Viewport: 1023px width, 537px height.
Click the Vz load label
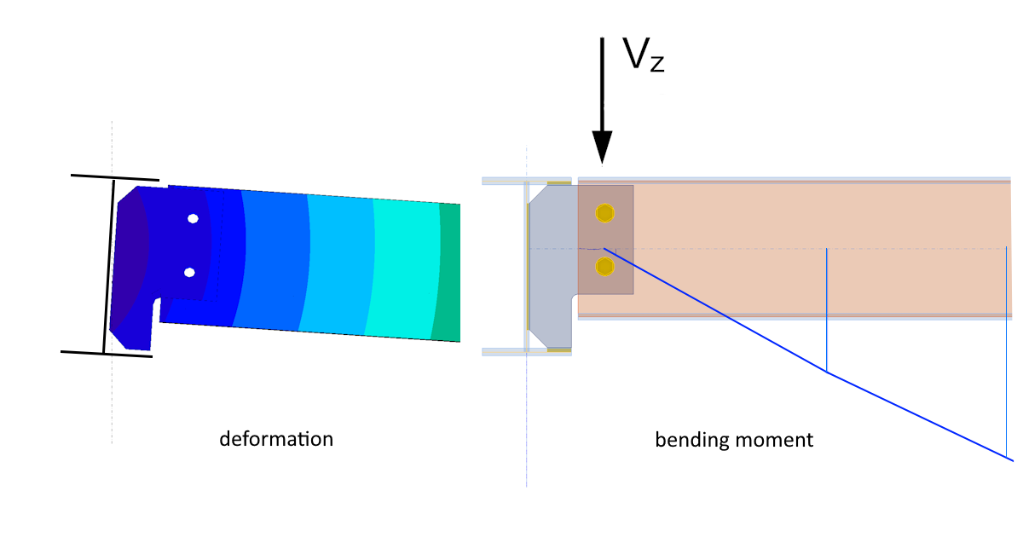click(x=643, y=56)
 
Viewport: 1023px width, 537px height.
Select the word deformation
click(x=276, y=439)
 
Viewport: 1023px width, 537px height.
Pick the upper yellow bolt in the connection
click(x=604, y=212)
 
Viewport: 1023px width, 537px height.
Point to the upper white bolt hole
click(x=194, y=218)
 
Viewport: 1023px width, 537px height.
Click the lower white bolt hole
click(x=189, y=273)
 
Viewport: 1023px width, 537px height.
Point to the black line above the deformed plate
click(x=115, y=177)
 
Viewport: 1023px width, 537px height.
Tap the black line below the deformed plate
click(x=107, y=353)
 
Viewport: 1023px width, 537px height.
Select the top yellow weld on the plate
click(x=558, y=182)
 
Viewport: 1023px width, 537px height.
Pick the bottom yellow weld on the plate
click(x=558, y=349)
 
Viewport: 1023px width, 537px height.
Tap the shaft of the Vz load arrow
click(x=603, y=85)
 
